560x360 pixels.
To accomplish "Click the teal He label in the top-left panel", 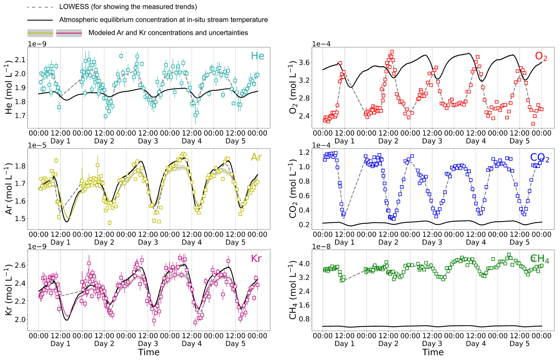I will click(257, 56).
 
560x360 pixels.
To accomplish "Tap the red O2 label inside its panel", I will click(541, 56).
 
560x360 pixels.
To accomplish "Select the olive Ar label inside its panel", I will click(256, 157).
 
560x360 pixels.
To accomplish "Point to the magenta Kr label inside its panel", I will click(256, 259).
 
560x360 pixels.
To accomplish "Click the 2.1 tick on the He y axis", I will click(20, 60).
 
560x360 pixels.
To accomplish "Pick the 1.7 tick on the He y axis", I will click(20, 116).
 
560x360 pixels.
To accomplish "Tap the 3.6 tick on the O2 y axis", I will click(304, 63).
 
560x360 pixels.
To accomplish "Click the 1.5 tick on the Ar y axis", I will click(20, 219).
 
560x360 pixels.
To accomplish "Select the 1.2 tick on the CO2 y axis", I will click(304, 153).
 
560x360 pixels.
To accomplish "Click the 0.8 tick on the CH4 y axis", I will click(304, 319).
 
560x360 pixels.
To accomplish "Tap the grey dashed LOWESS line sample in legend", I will click(40, 7).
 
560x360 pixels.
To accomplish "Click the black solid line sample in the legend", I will click(40, 20).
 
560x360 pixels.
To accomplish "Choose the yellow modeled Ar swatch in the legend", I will click(40, 33).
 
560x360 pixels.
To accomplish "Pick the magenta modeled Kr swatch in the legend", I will click(69, 33).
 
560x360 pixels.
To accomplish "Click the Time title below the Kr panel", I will click(149, 352).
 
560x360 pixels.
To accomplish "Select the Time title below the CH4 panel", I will click(433, 352).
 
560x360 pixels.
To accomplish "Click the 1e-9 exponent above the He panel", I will click(37, 44).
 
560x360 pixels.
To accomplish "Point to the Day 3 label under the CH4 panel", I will click(432, 344).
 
